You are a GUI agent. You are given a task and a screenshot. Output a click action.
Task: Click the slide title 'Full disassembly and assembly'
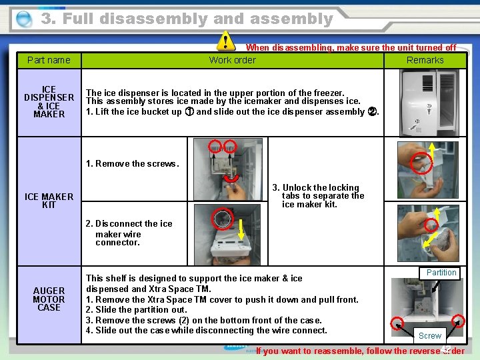coord(187,19)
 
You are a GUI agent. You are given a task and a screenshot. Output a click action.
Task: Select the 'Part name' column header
coord(49,60)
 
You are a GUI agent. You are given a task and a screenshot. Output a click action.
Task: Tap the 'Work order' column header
coord(232,60)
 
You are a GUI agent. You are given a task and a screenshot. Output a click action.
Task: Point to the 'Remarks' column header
coord(425,60)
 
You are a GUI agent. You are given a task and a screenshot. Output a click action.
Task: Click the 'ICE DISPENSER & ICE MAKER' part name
coord(49,102)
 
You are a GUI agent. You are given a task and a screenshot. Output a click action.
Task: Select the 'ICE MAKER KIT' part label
coord(49,201)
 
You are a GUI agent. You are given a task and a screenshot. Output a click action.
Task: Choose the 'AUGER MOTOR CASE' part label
coord(49,299)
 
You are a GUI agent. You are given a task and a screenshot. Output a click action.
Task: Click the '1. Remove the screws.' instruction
coord(133,164)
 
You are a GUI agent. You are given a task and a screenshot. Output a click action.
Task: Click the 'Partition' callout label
coord(441,273)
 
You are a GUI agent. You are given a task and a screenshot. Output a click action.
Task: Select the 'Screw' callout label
coord(429,336)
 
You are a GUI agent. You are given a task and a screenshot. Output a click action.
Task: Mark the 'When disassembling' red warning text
coord(351,48)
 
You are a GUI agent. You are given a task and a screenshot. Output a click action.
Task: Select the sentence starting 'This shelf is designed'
coord(193,279)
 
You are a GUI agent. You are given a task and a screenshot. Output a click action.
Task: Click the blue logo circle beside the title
coord(24,19)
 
